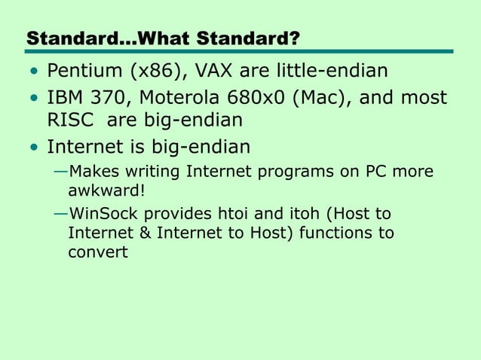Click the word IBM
pos(65,99)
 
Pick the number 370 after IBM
pos(112,99)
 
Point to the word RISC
pos(69,121)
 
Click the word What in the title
pos(174,38)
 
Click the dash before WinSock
pos(60,214)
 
